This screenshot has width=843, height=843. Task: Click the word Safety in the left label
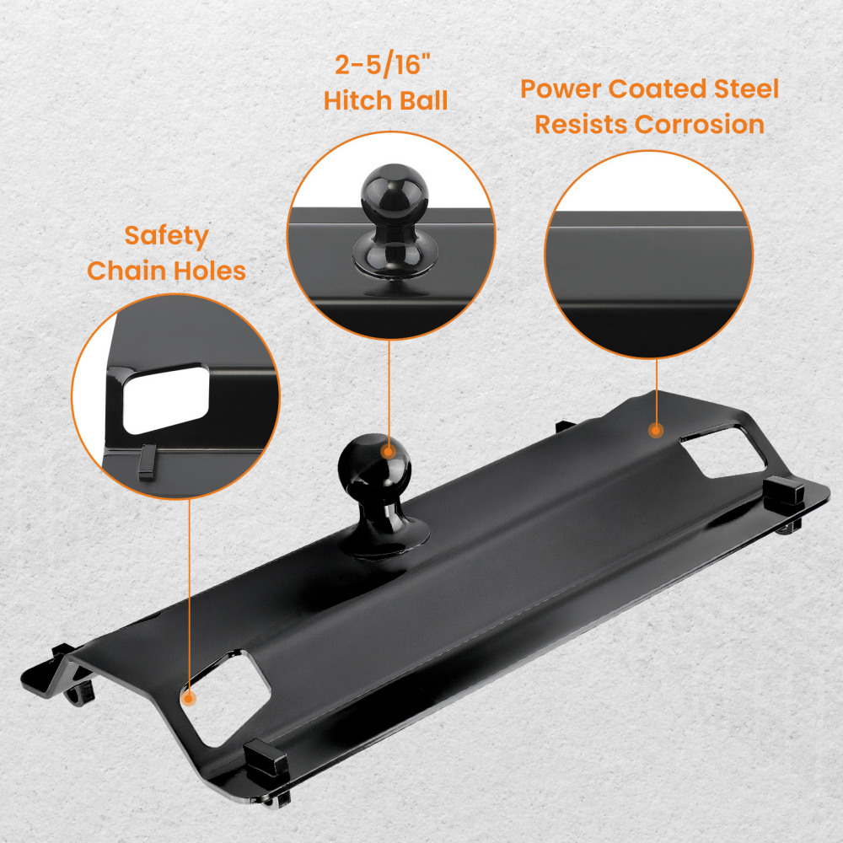coord(166,235)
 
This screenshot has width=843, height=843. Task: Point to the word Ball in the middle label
coord(420,101)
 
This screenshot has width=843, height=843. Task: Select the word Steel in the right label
coord(746,89)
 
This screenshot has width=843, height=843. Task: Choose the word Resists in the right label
coord(581,124)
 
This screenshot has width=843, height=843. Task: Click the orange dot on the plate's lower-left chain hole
coord(189,698)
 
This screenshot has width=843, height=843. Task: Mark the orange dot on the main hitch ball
coord(389,451)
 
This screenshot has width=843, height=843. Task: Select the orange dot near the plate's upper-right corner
coord(655,430)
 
